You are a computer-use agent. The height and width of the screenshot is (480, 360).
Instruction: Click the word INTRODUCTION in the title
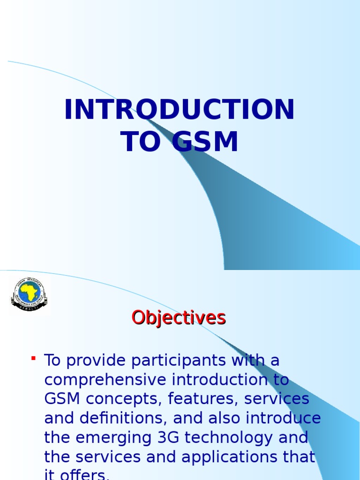[x=180, y=110]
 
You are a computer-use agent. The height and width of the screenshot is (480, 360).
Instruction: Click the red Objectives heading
[x=179, y=318]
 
